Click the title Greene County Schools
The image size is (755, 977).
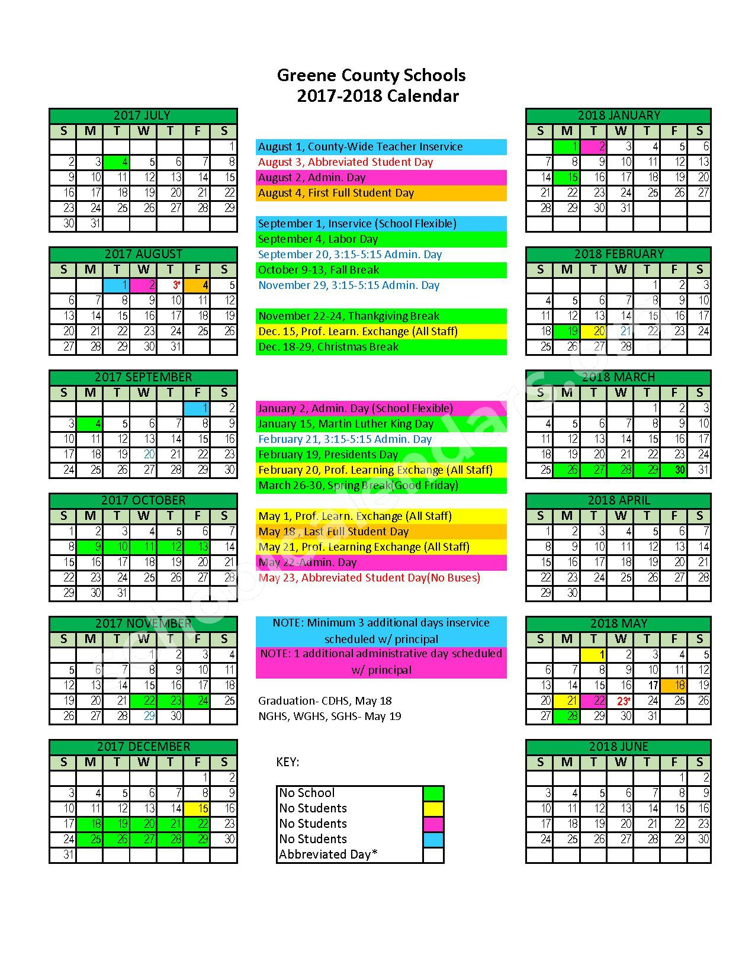point(371,76)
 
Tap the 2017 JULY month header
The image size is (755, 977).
point(143,115)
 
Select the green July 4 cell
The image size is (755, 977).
point(117,162)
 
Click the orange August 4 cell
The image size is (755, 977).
point(197,285)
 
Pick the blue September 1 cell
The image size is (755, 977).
point(197,408)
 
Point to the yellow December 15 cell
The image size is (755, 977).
point(197,808)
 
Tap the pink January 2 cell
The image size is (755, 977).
point(593,146)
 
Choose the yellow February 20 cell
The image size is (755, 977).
point(593,331)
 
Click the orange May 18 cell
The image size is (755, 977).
point(673,685)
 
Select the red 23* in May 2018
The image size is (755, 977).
point(622,701)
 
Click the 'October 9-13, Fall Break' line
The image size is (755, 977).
point(319,270)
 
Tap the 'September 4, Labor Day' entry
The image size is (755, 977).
point(318,239)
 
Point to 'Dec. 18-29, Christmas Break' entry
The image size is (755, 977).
point(329,347)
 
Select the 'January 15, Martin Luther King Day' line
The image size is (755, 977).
point(346,424)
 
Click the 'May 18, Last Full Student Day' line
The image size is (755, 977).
point(333,532)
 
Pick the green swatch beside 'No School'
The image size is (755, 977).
point(433,793)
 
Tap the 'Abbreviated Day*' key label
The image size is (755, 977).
point(328,854)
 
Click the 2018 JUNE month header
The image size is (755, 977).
point(618,747)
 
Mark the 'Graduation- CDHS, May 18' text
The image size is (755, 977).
point(325,701)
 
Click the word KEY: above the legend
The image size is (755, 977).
point(288,762)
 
